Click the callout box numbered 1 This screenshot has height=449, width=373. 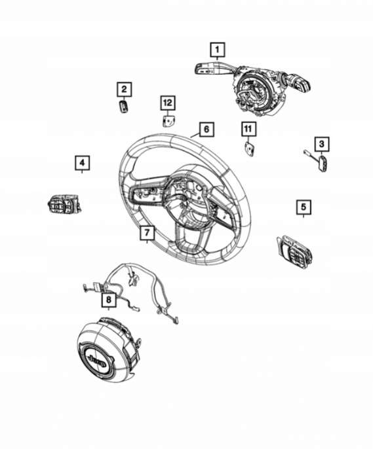pos(218,50)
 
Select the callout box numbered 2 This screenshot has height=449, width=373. pos(124,89)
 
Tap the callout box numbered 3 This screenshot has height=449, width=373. pos(321,144)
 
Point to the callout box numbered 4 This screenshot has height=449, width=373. pos(83,163)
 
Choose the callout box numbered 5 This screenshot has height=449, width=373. pos(304,207)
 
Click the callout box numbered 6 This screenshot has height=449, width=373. pos(206,130)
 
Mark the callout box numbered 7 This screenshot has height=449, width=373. pos(147,233)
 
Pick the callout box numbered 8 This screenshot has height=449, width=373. pos(109,300)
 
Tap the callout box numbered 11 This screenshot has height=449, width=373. pos(248,129)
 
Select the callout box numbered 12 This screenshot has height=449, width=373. pos(168,103)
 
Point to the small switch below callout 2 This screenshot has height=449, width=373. pos(123,106)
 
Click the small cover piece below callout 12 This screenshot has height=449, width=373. pos(168,121)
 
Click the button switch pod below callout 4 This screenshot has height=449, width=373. pos(64,204)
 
